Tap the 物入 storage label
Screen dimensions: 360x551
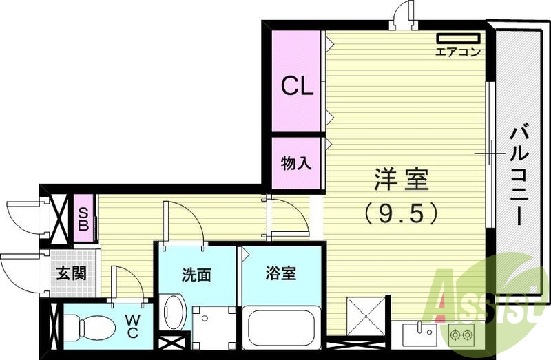tap(297, 163)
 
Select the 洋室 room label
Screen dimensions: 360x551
tap(402, 180)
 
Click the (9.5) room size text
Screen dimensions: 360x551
tap(402, 214)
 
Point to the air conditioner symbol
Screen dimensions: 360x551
tap(457, 38)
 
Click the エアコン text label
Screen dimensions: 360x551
tap(457, 52)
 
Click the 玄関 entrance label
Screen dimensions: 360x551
tap(71, 273)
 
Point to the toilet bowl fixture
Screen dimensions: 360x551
tap(90, 327)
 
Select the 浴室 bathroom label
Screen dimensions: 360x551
tap(280, 273)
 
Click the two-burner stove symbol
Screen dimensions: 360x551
tap(461, 335)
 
